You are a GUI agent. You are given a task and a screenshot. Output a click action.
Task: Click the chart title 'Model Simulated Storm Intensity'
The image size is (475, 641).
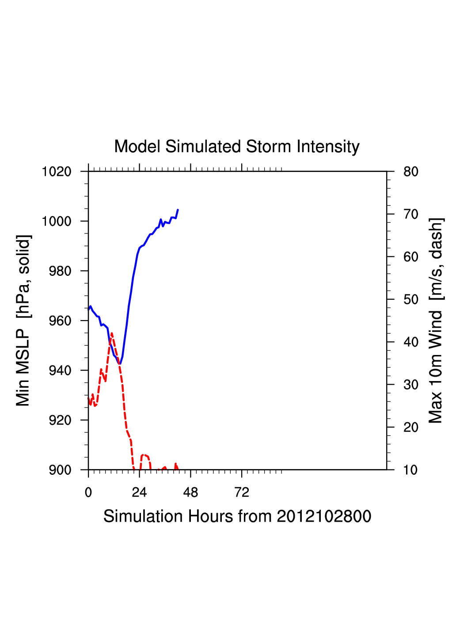point(237,147)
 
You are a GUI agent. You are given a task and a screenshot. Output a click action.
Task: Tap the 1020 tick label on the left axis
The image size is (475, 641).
point(57,172)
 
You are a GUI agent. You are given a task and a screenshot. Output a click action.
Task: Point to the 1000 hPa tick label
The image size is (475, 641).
point(57,221)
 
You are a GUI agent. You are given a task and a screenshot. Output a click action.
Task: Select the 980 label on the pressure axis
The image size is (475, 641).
point(60,271)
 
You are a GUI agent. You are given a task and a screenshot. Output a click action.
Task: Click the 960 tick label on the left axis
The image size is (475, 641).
point(60,320)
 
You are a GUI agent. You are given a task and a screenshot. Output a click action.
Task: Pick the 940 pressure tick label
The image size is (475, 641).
point(60,370)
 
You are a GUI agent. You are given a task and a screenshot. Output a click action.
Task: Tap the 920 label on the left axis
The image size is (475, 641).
point(60,420)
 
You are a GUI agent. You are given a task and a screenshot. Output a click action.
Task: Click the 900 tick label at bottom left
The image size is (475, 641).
point(60,470)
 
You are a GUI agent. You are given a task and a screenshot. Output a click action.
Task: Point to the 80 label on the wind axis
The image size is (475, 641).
point(411,172)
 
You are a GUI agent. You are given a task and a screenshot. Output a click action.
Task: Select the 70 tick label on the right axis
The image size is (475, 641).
point(411,214)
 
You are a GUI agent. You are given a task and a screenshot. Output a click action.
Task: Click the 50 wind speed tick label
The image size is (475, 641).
point(411,300)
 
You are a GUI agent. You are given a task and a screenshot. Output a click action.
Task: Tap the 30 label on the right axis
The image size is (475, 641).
point(411,385)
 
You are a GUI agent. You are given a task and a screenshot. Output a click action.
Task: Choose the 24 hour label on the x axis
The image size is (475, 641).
point(139,492)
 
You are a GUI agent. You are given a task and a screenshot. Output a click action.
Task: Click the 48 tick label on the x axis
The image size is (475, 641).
point(190,492)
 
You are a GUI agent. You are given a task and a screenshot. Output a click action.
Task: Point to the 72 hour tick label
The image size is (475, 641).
point(242,492)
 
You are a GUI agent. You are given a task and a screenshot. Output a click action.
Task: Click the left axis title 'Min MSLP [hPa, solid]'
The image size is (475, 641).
point(23,320)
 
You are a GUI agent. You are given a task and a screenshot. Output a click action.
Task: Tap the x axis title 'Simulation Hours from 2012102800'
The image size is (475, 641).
point(237,516)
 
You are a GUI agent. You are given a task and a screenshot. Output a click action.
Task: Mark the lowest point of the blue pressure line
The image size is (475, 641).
point(119,364)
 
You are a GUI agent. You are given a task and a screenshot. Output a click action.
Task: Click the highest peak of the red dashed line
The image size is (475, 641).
point(112,333)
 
